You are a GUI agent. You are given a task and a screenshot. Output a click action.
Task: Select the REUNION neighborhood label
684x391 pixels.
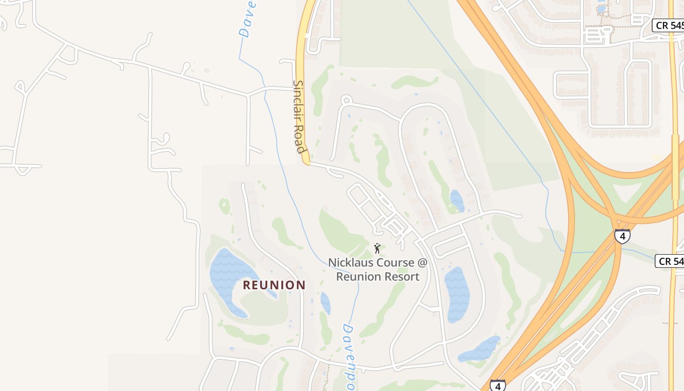click(274, 285)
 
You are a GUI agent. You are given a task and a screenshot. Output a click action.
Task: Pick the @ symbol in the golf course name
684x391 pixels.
click(422, 262)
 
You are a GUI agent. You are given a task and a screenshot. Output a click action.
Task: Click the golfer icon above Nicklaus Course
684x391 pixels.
click(377, 248)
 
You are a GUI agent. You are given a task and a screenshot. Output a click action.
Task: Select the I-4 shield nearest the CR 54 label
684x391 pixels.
click(622, 236)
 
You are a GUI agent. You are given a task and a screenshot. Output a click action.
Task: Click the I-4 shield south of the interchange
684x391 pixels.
click(497, 385)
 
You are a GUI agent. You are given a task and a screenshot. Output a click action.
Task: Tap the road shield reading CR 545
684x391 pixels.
click(668, 25)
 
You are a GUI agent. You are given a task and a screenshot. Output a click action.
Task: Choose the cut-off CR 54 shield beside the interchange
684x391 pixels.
click(671, 261)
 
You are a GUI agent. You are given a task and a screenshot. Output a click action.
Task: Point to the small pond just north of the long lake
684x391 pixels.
click(457, 200)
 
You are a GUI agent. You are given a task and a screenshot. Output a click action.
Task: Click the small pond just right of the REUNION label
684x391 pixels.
click(325, 303)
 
